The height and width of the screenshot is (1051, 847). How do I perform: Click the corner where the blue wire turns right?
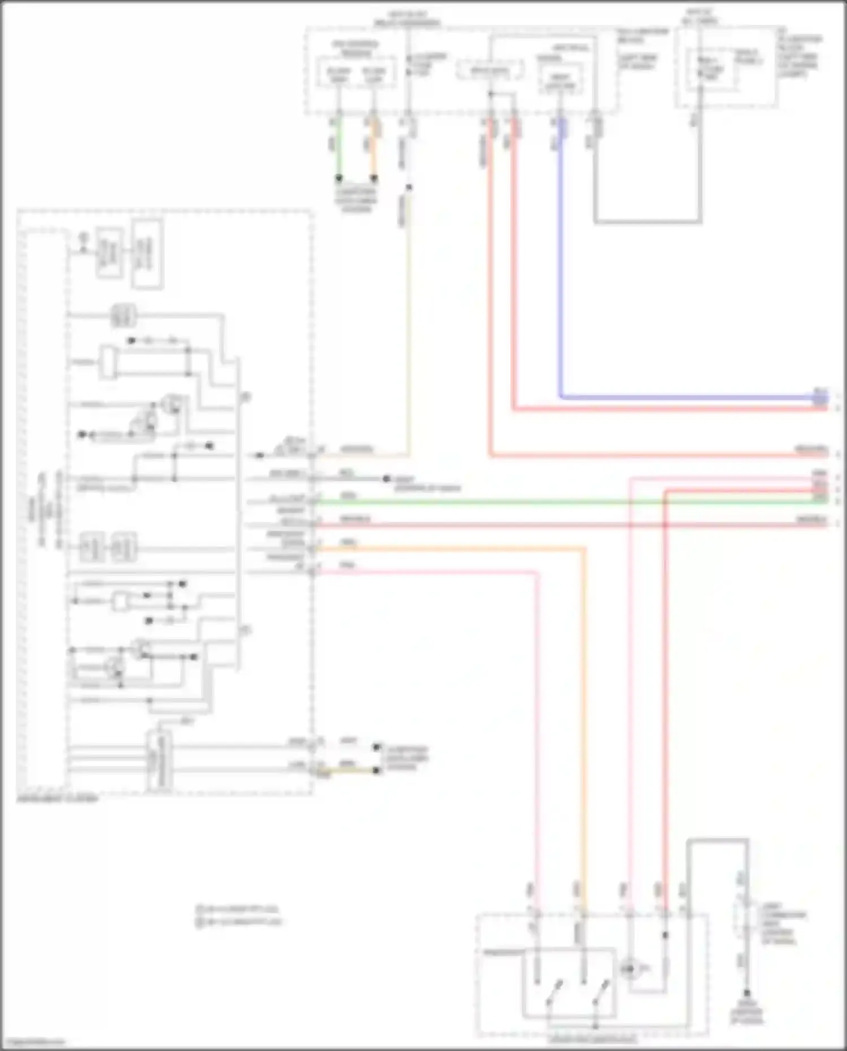561,397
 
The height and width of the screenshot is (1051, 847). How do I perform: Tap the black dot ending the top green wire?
339,178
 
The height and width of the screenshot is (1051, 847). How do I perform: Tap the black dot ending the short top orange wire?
374,178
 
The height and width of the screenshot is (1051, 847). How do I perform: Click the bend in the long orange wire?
584,548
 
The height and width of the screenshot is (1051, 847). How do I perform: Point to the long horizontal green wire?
508,501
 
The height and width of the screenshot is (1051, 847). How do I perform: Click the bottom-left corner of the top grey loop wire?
595,221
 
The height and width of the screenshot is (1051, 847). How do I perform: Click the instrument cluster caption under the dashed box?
57,799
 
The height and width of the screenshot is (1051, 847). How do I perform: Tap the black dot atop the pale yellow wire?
409,187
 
